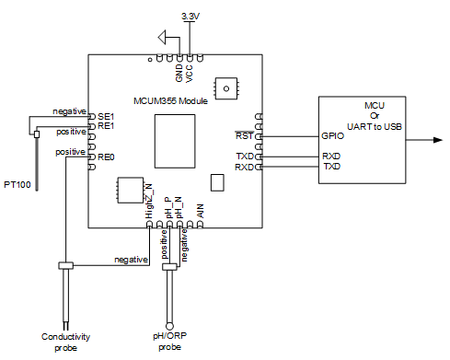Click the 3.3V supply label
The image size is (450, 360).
pyautogui.click(x=190, y=16)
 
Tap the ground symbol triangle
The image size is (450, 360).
pyautogui.click(x=162, y=38)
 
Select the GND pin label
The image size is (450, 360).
pyautogui.click(x=179, y=73)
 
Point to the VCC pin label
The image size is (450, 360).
pyautogui.click(x=190, y=74)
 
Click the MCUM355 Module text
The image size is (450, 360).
pyautogui.click(x=170, y=101)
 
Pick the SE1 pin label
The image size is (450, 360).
pyautogui.click(x=106, y=117)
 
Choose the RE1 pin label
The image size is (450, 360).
pyautogui.click(x=106, y=126)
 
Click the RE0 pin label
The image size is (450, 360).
pyautogui.click(x=106, y=157)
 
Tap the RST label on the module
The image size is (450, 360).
pyautogui.click(x=245, y=135)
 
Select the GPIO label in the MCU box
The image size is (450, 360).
pyautogui.click(x=332, y=136)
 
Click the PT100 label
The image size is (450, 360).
pyautogui.click(x=17, y=185)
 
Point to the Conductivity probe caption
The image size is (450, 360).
pyautogui.click(x=65, y=343)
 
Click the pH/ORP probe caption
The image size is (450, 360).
pyautogui.click(x=169, y=342)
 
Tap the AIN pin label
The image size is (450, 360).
pyautogui.click(x=200, y=211)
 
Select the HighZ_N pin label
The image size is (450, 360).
pyautogui.click(x=149, y=202)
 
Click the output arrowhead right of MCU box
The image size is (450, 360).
pyautogui.click(x=438, y=140)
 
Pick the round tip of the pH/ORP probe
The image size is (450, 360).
pyautogui.click(x=169, y=326)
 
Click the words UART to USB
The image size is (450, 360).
pyautogui.click(x=375, y=126)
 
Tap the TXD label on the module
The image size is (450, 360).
pyautogui.click(x=245, y=157)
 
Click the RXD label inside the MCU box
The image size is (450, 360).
pyautogui.click(x=331, y=157)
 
